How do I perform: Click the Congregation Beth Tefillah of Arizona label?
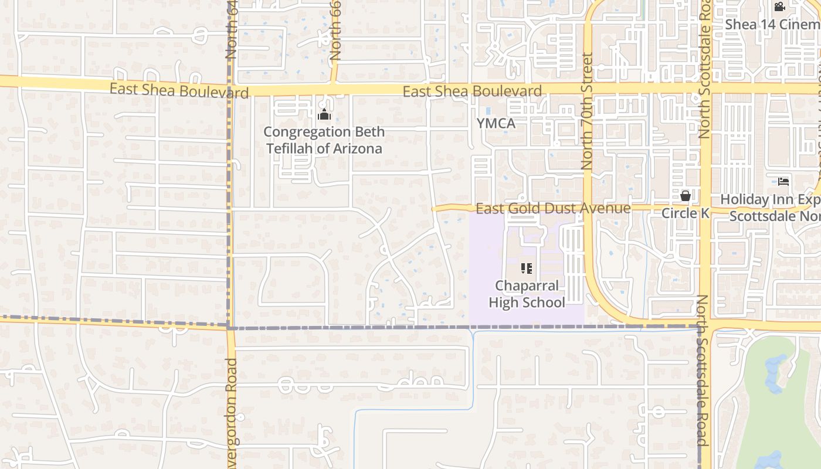(324, 140)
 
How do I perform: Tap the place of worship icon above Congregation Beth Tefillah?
(324, 115)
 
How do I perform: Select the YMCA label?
(496, 124)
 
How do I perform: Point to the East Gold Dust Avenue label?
(553, 209)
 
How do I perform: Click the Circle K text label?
(685, 213)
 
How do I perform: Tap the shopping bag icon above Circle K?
(685, 196)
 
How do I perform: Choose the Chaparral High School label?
(527, 294)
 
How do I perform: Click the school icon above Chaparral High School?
(527, 269)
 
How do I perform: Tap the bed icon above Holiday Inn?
(783, 182)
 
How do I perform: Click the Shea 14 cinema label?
(772, 25)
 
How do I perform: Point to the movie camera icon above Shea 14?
(779, 7)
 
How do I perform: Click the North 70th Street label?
(587, 111)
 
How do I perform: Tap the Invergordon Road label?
(231, 410)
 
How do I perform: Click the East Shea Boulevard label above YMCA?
(472, 91)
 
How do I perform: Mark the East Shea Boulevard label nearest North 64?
(179, 91)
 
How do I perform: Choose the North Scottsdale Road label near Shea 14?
(704, 70)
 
